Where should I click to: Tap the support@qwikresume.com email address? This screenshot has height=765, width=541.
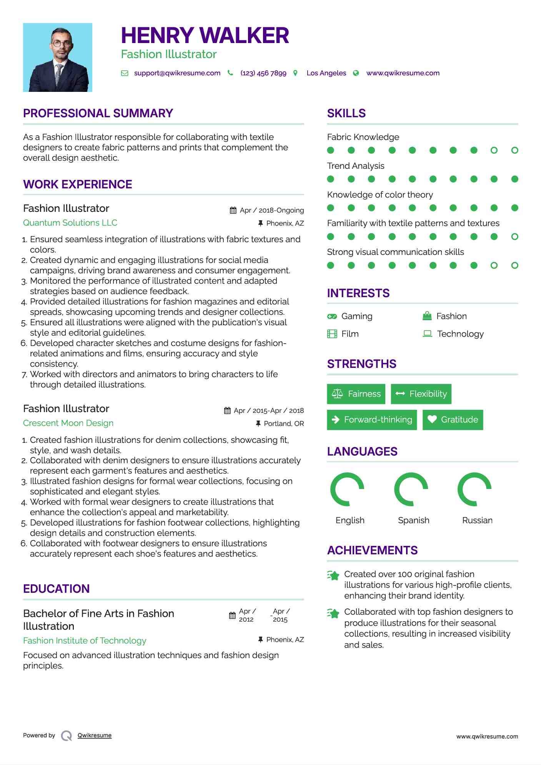pos(177,73)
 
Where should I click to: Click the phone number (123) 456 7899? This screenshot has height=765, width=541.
pos(263,73)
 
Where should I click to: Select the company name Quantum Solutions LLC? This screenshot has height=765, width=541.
pos(70,223)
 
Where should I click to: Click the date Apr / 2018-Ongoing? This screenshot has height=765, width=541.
pos(271,210)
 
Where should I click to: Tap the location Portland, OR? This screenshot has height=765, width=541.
pos(283,423)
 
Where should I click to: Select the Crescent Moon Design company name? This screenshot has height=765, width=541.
pos(68,423)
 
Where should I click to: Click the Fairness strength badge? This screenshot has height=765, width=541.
pos(356,394)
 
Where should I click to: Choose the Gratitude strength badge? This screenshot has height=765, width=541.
pos(453,419)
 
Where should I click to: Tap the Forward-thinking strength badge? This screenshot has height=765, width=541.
pos(371,419)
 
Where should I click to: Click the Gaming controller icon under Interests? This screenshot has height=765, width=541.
pos(332,316)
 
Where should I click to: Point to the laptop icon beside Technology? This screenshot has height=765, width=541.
pos(427,333)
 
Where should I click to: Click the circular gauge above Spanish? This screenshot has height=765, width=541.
pos(411,489)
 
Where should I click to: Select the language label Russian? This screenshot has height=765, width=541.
pos(477,520)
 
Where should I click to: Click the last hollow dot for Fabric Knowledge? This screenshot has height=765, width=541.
pos(514,150)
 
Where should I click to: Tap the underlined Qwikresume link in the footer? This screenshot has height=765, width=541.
pos(94,735)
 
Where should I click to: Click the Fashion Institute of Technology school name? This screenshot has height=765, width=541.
pos(85,640)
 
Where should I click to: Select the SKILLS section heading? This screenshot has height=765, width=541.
pos(346,113)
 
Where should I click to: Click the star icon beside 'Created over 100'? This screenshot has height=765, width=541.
pos(333,575)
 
